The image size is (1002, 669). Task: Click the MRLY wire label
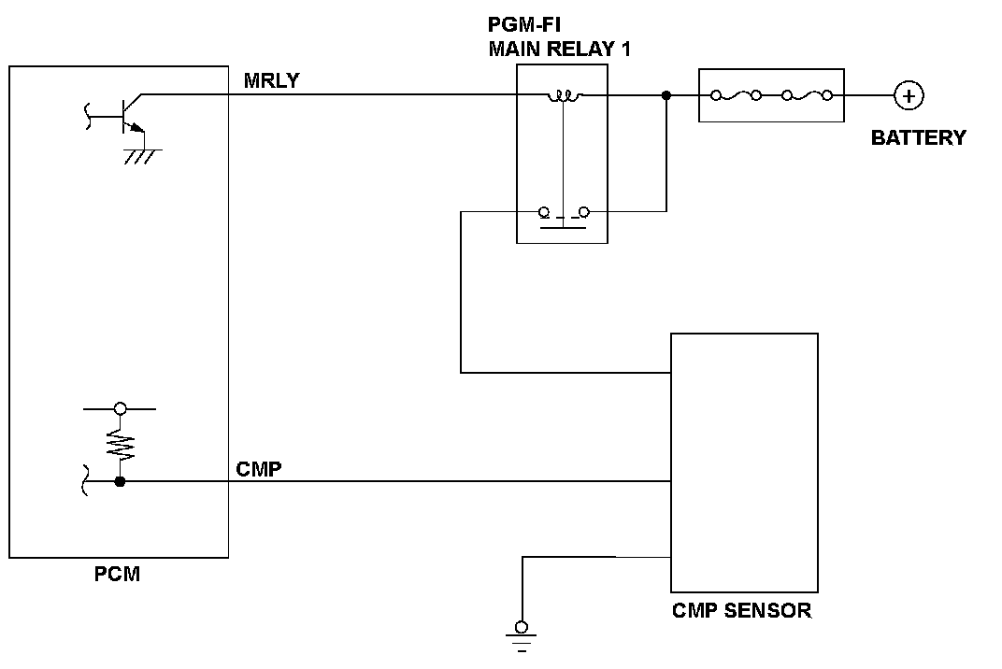[272, 80]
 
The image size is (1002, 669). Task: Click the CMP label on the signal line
[259, 469]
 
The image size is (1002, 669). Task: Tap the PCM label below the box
[117, 574]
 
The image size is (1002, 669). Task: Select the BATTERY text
[918, 137]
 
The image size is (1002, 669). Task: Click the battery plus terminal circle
[909, 96]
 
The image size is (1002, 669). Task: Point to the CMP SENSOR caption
[741, 610]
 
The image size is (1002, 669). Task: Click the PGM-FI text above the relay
[524, 24]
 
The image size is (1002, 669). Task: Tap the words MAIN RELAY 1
[560, 49]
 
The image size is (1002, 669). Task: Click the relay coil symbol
[565, 96]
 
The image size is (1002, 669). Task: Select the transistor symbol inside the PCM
[124, 115]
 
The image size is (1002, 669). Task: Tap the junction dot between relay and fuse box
[666, 95]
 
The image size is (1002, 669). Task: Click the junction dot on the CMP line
[120, 481]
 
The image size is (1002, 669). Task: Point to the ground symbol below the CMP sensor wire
[522, 637]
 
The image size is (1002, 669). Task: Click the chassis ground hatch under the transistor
[142, 156]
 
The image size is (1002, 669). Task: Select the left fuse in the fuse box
[737, 95]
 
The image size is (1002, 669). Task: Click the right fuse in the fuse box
[807, 95]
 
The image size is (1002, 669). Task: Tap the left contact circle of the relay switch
[544, 211]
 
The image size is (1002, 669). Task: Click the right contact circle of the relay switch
[583, 211]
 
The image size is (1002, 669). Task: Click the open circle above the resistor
[120, 408]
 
